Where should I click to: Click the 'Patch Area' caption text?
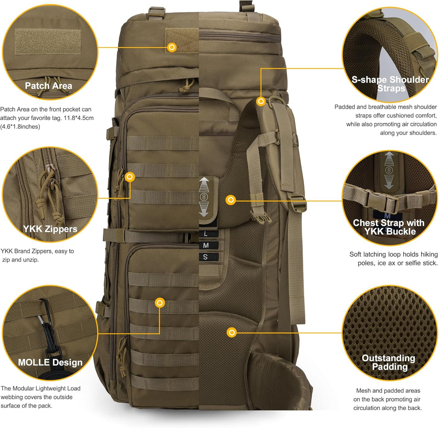point(48,86)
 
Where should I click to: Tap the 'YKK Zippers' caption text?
point(50,229)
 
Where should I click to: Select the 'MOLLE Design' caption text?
point(50,362)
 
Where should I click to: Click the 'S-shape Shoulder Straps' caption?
point(390,84)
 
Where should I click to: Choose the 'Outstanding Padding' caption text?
point(388,362)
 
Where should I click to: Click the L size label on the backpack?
point(206,234)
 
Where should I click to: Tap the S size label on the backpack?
point(206,257)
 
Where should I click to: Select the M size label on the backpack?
point(206,245)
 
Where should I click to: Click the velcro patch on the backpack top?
point(182,41)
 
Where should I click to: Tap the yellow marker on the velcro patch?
point(172,48)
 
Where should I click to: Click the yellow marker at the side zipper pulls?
point(130,177)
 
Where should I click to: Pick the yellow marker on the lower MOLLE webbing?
point(160,303)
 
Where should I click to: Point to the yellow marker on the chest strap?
point(231,200)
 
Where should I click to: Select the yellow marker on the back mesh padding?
point(231,333)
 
